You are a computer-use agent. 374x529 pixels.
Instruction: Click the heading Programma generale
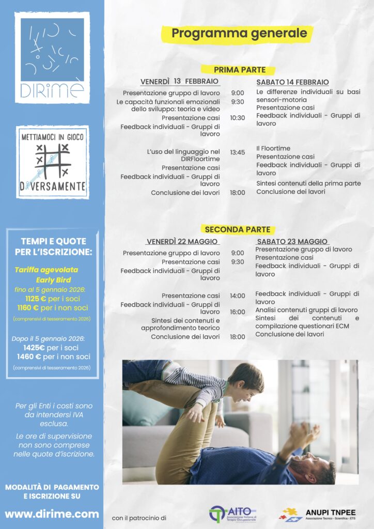pos(239,34)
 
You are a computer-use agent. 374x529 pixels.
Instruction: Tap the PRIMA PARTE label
pos(240,70)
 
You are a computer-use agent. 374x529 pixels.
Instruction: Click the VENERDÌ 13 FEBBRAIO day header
pos(180,82)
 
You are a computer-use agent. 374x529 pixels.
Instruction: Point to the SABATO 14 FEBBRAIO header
pos(292,82)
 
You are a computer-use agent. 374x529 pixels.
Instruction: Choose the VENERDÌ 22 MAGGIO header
pos(183,241)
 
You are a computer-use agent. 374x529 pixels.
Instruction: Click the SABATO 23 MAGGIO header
pos(292,241)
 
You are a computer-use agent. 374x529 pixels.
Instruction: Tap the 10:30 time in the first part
pos(238,118)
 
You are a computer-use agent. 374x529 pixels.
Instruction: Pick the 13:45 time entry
pos(238,152)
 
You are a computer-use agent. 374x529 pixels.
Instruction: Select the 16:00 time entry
pos(238,312)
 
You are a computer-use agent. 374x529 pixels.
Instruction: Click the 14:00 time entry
pos(238,296)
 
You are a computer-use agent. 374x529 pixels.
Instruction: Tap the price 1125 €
pos(36,299)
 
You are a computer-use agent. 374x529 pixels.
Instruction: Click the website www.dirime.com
pos(52,514)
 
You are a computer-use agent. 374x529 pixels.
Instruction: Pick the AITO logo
pos(233,514)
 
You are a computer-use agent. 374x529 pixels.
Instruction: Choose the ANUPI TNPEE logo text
pos(331,512)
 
